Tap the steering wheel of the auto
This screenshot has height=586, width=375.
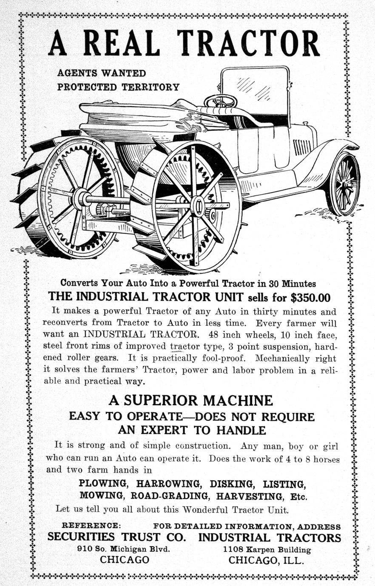(x=220, y=101)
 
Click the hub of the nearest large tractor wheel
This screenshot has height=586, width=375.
(x=198, y=206)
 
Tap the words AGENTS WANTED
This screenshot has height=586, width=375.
(x=102, y=73)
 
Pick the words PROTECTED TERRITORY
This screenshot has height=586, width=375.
(x=118, y=87)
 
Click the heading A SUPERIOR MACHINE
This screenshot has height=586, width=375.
(x=190, y=400)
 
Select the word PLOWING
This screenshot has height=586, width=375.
(x=103, y=484)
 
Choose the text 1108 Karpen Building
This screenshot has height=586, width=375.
(x=267, y=549)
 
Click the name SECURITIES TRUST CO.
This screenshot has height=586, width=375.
(x=117, y=537)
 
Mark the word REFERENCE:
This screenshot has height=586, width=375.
(x=91, y=526)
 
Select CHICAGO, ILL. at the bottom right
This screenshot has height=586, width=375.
(x=266, y=560)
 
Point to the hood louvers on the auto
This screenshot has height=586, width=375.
(x=302, y=147)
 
